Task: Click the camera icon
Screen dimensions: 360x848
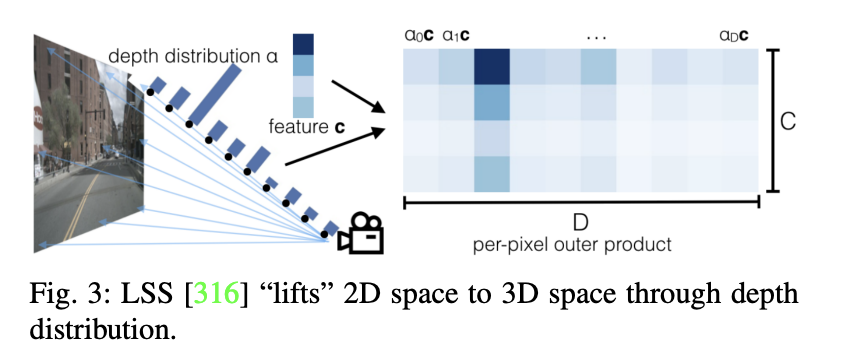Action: (x=361, y=233)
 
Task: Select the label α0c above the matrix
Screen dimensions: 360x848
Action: (x=419, y=36)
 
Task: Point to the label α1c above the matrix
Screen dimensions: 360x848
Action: (x=455, y=36)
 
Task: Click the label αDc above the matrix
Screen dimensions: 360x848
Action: (x=734, y=36)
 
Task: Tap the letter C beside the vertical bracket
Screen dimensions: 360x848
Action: (x=788, y=121)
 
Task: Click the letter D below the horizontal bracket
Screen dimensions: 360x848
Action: (x=580, y=220)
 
